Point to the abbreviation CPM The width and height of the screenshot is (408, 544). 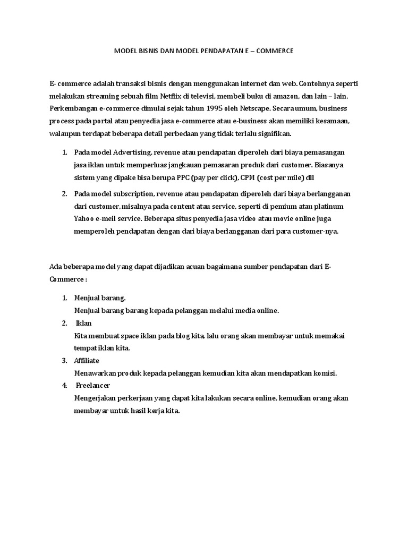click(249, 177)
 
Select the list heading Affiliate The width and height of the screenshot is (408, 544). click(87, 361)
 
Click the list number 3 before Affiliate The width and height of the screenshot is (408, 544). click(64, 361)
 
